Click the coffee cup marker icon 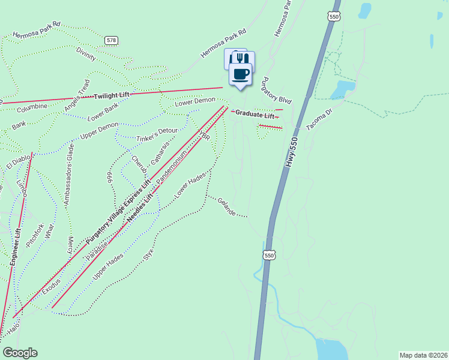pos(241,73)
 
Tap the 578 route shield pos(111,40)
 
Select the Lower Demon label pos(194,103)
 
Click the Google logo pos(20,353)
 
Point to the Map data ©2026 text pos(423,355)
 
